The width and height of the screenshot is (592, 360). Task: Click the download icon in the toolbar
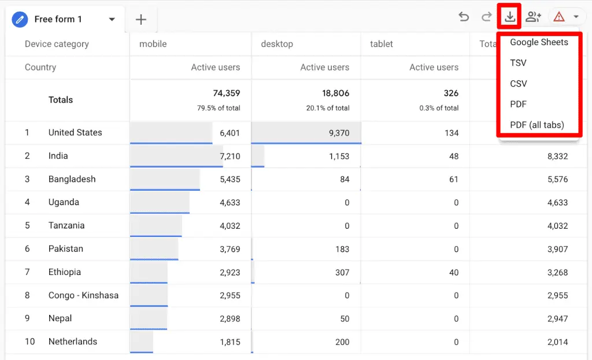(x=509, y=17)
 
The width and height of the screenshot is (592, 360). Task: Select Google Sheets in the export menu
(x=539, y=42)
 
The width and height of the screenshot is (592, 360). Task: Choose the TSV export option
(x=518, y=63)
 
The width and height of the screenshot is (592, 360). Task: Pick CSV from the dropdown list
(x=519, y=84)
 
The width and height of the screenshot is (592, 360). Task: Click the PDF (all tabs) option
(x=536, y=125)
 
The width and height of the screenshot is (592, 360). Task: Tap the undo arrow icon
(x=464, y=17)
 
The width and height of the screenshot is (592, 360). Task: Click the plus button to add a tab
(x=141, y=20)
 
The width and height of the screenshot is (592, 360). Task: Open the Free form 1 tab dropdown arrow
(x=112, y=20)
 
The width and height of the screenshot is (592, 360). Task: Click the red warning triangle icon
(x=558, y=17)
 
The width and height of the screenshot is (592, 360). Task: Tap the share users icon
(x=533, y=17)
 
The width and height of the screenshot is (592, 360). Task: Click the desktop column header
(x=277, y=44)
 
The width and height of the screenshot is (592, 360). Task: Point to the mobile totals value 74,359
(x=226, y=93)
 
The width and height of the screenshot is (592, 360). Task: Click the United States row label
(x=75, y=132)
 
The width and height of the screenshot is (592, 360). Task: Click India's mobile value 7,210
(x=230, y=156)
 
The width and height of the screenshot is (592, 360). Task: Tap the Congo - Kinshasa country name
(x=83, y=295)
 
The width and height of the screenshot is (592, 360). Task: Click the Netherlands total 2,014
(x=557, y=342)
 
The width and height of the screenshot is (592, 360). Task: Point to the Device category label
(x=57, y=44)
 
